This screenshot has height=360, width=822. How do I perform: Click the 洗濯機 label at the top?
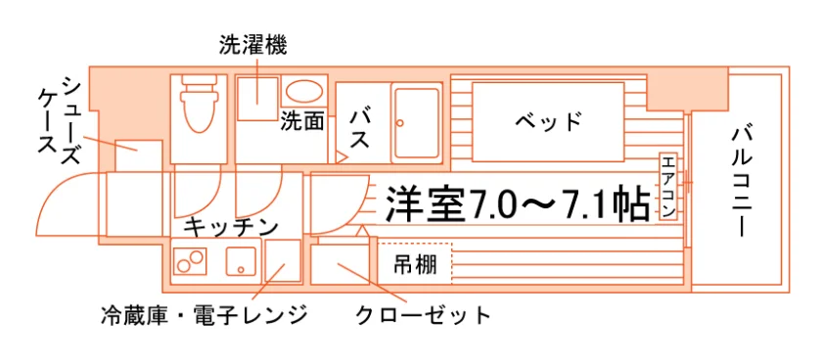pyautogui.click(x=253, y=46)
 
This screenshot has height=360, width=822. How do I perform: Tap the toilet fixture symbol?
pyautogui.click(x=199, y=104)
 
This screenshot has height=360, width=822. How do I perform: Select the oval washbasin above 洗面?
pyautogui.click(x=304, y=91)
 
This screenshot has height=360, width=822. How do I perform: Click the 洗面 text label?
pyautogui.click(x=301, y=121)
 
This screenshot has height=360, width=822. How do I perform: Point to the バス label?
pyautogui.click(x=360, y=129)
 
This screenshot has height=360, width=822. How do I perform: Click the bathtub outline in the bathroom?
pyautogui.click(x=417, y=122)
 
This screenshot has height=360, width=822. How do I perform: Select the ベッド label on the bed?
pyautogui.click(x=548, y=121)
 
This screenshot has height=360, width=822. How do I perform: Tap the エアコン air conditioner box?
pyautogui.click(x=667, y=187)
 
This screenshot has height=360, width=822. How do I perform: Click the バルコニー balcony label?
pyautogui.click(x=744, y=182)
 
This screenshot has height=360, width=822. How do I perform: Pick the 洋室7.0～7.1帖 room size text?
pyautogui.click(x=518, y=203)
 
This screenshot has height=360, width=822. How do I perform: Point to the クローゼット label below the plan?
pyautogui.click(x=423, y=316)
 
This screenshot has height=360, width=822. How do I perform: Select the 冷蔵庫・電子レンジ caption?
pyautogui.click(x=204, y=315)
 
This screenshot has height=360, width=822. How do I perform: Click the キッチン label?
pyautogui.click(x=231, y=228)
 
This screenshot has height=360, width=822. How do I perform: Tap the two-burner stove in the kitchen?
pyautogui.click(x=190, y=260)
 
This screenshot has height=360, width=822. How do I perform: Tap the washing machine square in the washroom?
pyautogui.click(x=257, y=99)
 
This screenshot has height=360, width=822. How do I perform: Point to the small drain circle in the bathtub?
pyautogui.click(x=399, y=123)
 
